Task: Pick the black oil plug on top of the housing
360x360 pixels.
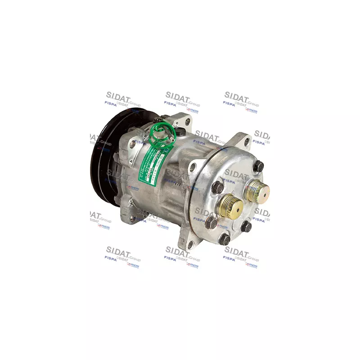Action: tap(180, 132)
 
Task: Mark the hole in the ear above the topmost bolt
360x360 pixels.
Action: tap(246, 144)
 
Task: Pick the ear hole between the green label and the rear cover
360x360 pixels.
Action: tap(193, 168)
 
